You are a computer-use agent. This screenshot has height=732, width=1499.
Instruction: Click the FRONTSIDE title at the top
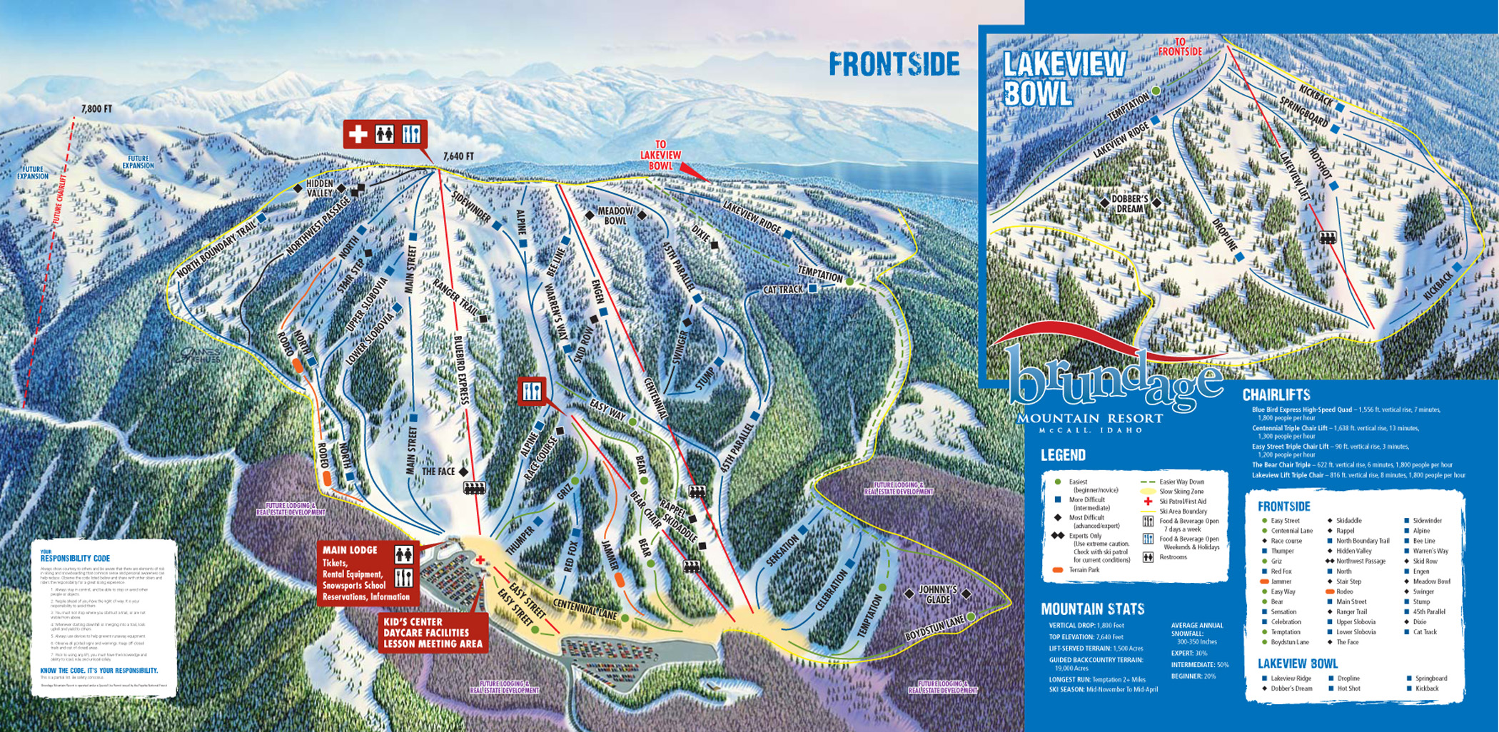coord(894,64)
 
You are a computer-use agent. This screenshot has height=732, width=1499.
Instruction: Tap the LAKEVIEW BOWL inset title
coord(1064,78)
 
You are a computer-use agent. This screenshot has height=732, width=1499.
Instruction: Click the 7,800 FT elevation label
coord(96,109)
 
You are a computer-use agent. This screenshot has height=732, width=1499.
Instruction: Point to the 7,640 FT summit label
coord(458,156)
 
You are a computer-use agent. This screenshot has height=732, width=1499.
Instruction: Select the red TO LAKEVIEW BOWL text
coord(660,155)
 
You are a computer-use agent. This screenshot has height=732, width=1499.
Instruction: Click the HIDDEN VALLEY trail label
coord(319,188)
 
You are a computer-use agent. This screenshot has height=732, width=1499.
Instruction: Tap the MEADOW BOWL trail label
coord(615,215)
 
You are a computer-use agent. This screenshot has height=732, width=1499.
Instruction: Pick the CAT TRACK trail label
coord(783,290)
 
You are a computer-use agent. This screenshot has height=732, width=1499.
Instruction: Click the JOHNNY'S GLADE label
coord(937,594)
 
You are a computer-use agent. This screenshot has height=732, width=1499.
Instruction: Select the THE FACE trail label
coord(438,472)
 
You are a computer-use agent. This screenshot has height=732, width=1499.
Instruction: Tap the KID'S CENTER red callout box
coord(433,633)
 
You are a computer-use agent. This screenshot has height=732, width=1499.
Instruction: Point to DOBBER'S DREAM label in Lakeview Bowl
coord(1129,203)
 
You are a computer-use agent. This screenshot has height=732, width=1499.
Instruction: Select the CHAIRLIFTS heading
coord(1276,395)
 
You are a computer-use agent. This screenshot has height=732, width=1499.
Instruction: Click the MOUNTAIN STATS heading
coord(1092,609)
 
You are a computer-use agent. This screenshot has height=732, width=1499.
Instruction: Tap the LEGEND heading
coord(1063,455)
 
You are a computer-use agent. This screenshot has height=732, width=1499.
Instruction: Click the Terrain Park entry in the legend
coord(1084,570)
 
